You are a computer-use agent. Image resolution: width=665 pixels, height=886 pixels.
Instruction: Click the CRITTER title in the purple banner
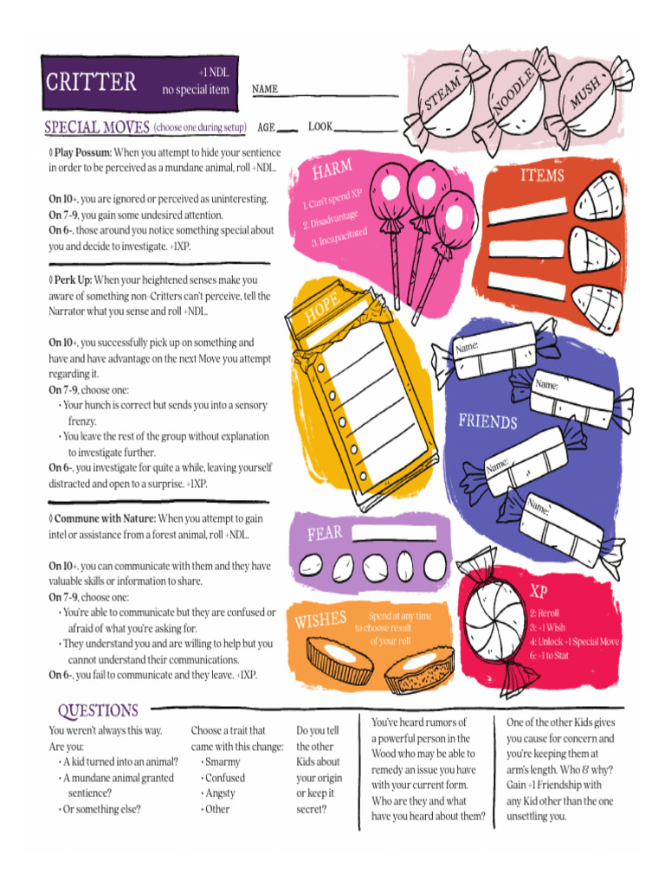coord(91,82)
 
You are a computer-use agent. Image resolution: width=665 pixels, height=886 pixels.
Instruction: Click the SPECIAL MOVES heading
coord(98,128)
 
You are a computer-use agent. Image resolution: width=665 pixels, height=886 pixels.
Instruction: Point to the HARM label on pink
coord(332,170)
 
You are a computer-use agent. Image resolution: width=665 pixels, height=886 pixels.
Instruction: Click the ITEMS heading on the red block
coord(542,176)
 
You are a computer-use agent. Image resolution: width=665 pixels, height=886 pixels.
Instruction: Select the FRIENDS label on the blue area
coord(487,421)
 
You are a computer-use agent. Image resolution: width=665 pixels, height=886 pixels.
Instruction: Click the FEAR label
coord(325,534)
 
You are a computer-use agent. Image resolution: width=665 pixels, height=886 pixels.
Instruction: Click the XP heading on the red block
coord(539,592)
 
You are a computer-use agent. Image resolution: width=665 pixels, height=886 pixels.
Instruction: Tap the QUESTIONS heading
coord(98,710)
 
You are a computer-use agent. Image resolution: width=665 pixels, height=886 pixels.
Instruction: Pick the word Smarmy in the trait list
coord(223,762)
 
